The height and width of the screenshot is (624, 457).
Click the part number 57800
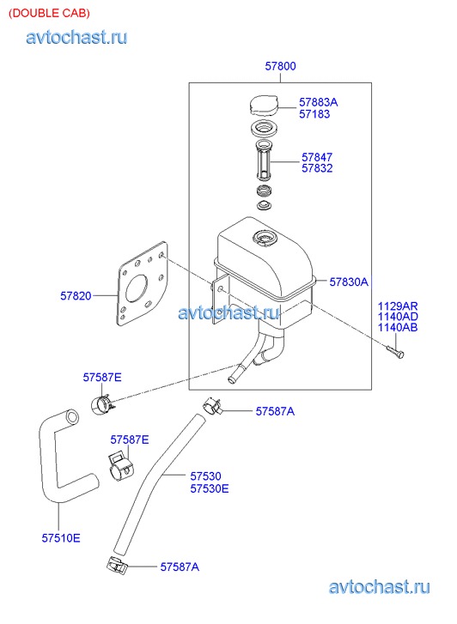coord(281,66)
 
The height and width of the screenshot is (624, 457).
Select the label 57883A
coord(319,102)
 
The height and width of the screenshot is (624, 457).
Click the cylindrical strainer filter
coord(264,161)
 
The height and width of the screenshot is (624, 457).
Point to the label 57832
coord(317,168)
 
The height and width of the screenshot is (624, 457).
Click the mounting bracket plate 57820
coord(143,284)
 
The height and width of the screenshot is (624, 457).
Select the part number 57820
coord(76,295)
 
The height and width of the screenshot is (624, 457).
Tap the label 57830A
coord(349,282)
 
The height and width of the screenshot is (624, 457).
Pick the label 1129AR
coord(398,306)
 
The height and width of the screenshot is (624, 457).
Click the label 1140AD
coord(398,317)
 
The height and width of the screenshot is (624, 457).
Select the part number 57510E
coord(61,538)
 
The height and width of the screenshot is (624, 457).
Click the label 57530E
coord(210,488)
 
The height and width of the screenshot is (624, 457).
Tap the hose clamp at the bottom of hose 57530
coord(117,565)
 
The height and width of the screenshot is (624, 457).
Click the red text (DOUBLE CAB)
coord(49,13)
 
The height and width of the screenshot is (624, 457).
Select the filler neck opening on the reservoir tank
coord(264,238)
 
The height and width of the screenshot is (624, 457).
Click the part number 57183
coord(314,114)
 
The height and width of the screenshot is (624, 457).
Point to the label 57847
coord(317,157)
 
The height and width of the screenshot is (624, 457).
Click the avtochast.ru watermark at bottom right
coord(380,587)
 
